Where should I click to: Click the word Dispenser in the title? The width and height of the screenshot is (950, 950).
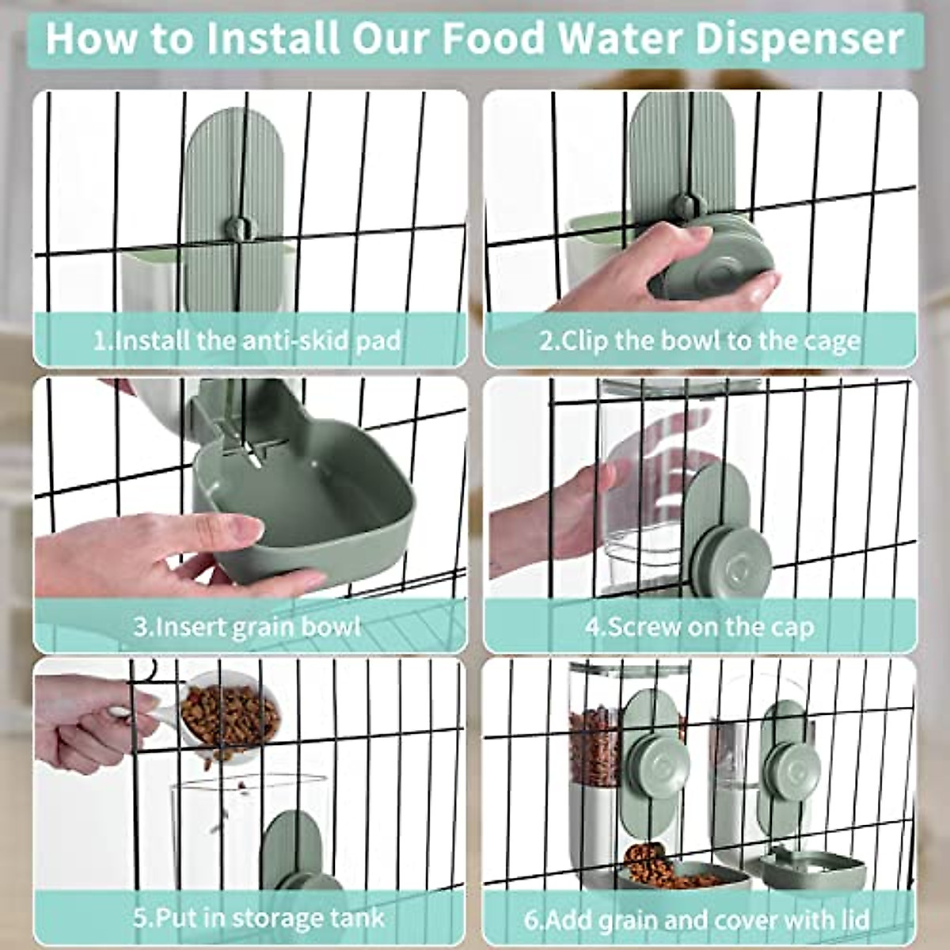pyautogui.click(x=799, y=37)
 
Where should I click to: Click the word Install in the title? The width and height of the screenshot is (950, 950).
pyautogui.click(x=261, y=37)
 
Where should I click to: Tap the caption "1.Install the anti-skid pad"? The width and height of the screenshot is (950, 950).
pyautogui.click(x=247, y=340)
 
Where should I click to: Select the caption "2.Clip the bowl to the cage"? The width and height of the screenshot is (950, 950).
pyautogui.click(x=700, y=340)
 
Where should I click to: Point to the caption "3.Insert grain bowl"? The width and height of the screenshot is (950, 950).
pyautogui.click(x=247, y=627)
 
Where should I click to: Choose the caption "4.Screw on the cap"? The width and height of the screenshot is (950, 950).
pyautogui.click(x=700, y=627)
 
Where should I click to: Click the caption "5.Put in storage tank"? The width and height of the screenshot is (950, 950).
pyautogui.click(x=258, y=919)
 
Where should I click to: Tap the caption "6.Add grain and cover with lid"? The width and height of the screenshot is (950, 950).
pyautogui.click(x=697, y=919)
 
